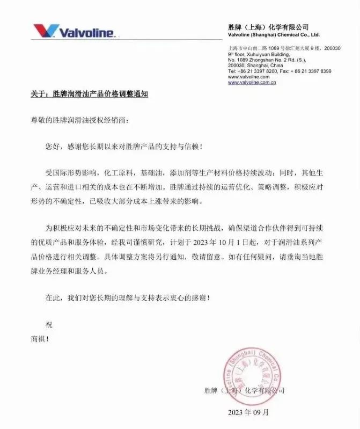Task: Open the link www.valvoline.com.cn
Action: pos(252,82)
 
